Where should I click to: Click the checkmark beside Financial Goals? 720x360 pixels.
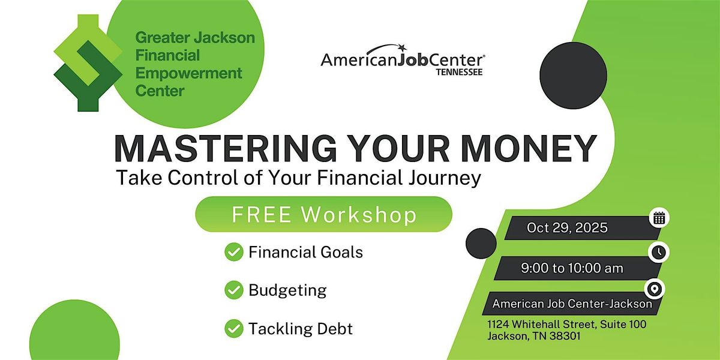point(233,251)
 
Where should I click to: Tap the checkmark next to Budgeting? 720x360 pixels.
point(233,290)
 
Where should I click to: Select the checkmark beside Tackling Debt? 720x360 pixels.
point(233,329)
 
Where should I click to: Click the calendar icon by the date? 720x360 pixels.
point(659,218)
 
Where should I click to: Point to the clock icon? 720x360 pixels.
point(659,252)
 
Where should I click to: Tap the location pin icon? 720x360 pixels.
point(655,289)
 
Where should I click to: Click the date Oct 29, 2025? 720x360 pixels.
point(567,227)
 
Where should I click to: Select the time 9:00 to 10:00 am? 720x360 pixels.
point(572,268)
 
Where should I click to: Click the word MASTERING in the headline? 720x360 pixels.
point(226,149)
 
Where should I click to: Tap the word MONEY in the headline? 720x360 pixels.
point(529,149)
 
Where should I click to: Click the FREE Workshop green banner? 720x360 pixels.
point(323,214)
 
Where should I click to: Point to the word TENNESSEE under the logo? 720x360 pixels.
point(460,72)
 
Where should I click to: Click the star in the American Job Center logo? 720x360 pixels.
point(402,47)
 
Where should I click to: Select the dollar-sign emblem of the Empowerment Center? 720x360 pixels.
point(88,63)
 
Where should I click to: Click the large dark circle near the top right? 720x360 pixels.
point(573,76)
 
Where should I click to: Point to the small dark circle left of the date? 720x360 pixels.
point(481,244)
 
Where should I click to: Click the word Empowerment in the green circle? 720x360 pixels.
point(188,74)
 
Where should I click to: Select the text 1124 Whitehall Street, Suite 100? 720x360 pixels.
point(566,325)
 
